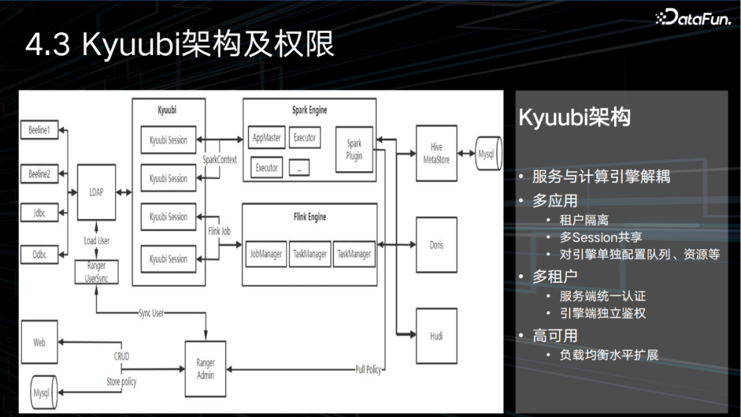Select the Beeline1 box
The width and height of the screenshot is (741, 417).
coord(39,131)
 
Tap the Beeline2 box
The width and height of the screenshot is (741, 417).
coord(39,174)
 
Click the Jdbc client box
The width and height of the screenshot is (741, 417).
coord(39,214)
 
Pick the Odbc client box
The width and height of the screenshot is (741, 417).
coord(39,253)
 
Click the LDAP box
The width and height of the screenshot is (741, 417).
coord(96,192)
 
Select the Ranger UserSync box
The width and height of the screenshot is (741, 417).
coord(96,273)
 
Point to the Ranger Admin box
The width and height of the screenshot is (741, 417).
coord(205,369)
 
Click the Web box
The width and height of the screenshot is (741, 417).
coord(39,341)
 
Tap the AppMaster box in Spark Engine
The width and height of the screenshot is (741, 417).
coord(266,138)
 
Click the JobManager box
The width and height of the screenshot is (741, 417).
coord(266,254)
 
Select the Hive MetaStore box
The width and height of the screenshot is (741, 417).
coord(436,153)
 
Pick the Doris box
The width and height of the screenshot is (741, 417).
coord(436,245)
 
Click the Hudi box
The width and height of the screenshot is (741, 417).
coord(436,336)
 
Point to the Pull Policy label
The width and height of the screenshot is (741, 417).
coord(368,370)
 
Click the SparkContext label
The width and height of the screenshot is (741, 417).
coord(220,159)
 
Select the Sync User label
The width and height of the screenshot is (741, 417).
coord(152,313)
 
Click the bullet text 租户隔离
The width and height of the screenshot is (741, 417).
coord(584,221)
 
